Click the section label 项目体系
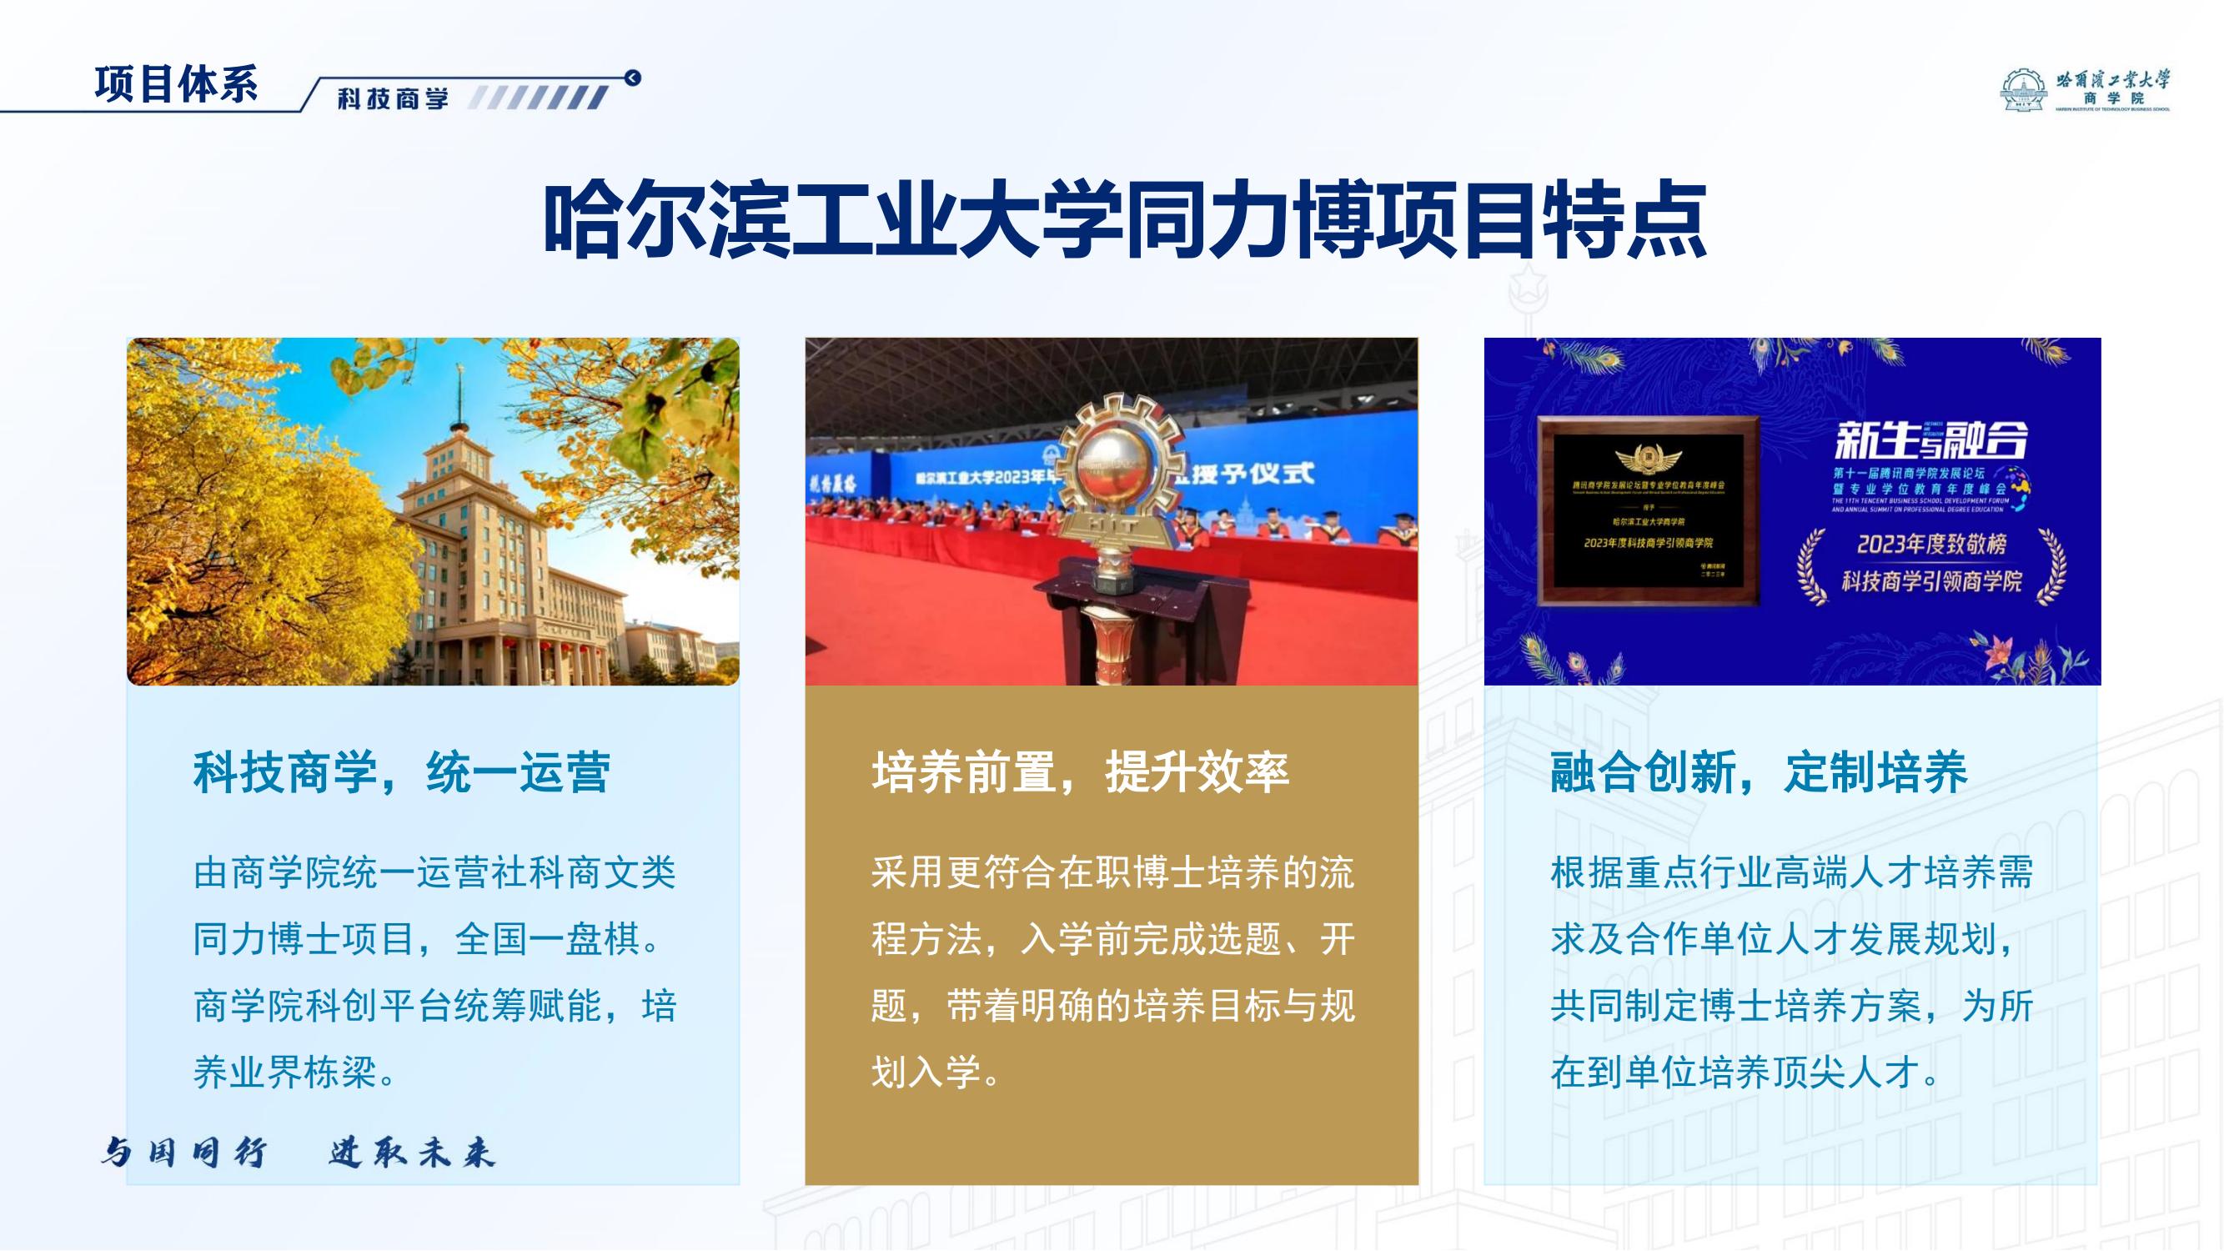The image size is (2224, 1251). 176,84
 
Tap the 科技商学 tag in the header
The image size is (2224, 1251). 393,99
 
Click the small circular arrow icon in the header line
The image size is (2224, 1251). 633,78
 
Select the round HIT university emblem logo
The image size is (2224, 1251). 2023,92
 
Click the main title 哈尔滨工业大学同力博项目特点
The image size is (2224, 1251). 1125,220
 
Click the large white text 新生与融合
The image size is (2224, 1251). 1930,441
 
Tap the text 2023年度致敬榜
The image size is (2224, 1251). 1931,544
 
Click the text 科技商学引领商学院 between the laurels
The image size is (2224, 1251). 1931,581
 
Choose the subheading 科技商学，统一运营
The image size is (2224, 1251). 401,771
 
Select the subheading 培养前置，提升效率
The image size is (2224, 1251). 1080,771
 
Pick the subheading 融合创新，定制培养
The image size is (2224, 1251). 1759,771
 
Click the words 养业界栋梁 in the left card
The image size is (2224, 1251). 285,1073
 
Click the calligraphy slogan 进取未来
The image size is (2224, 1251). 412,1153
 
